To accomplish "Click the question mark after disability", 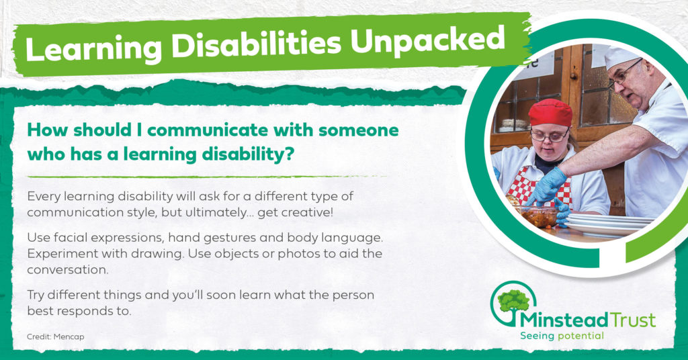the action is tap(288, 154).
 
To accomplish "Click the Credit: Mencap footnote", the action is tap(55, 336).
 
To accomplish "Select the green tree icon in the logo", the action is tap(513, 301).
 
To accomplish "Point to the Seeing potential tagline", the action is tap(562, 336).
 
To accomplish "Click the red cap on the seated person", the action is tap(550, 111).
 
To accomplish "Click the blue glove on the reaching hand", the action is tap(546, 185).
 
